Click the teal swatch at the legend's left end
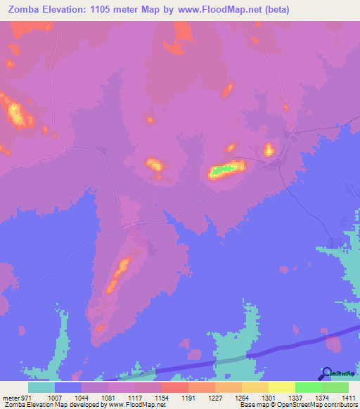(41, 387)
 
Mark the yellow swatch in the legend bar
(281, 387)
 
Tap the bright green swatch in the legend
(308, 387)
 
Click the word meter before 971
(9, 397)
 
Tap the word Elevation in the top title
(69, 10)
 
